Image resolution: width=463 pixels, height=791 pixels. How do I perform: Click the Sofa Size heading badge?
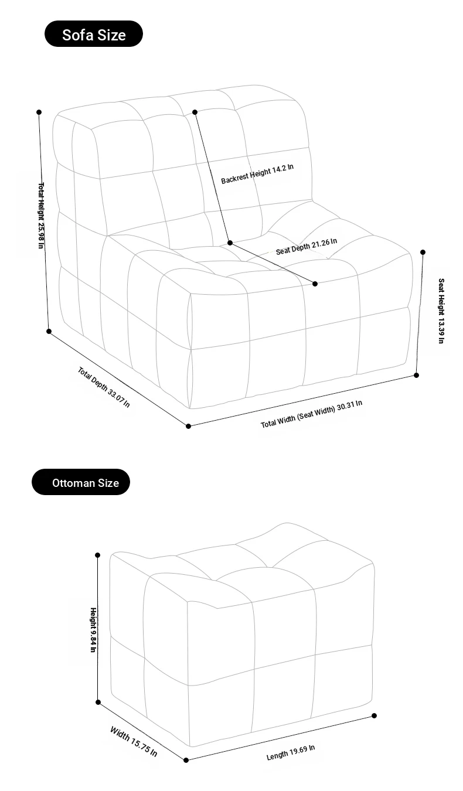click(x=94, y=33)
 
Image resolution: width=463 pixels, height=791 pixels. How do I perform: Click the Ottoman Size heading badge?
click(x=81, y=482)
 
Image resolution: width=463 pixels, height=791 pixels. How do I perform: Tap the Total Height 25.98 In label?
click(x=42, y=215)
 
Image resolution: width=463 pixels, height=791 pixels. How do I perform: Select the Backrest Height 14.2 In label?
click(x=257, y=174)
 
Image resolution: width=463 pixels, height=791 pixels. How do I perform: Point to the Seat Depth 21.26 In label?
click(x=306, y=246)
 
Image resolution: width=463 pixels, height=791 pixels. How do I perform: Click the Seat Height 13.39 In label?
click(x=441, y=311)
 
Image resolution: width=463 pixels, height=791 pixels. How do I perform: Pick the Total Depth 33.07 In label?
click(x=104, y=387)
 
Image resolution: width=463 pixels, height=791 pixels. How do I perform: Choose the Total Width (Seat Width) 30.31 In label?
click(x=311, y=414)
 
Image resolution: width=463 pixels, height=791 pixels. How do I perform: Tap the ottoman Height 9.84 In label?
click(x=93, y=630)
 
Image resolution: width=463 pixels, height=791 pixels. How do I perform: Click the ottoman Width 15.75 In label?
click(x=134, y=741)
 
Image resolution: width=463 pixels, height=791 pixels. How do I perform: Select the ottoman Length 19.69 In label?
click(x=291, y=752)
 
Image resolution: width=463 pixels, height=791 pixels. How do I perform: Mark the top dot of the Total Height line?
click(x=39, y=112)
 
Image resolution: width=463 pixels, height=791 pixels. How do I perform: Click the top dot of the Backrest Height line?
click(x=195, y=112)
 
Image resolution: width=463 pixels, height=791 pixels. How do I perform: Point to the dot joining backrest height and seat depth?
click(x=230, y=243)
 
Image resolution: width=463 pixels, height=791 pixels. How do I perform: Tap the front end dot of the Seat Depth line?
click(x=315, y=284)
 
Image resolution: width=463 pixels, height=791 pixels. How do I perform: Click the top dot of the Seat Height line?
click(x=423, y=252)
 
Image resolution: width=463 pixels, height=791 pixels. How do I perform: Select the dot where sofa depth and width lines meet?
click(x=188, y=426)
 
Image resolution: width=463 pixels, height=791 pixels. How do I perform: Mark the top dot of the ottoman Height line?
click(x=98, y=555)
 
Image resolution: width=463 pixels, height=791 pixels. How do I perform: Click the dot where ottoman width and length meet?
click(x=186, y=761)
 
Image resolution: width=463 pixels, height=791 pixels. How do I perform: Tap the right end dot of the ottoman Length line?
click(x=375, y=716)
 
